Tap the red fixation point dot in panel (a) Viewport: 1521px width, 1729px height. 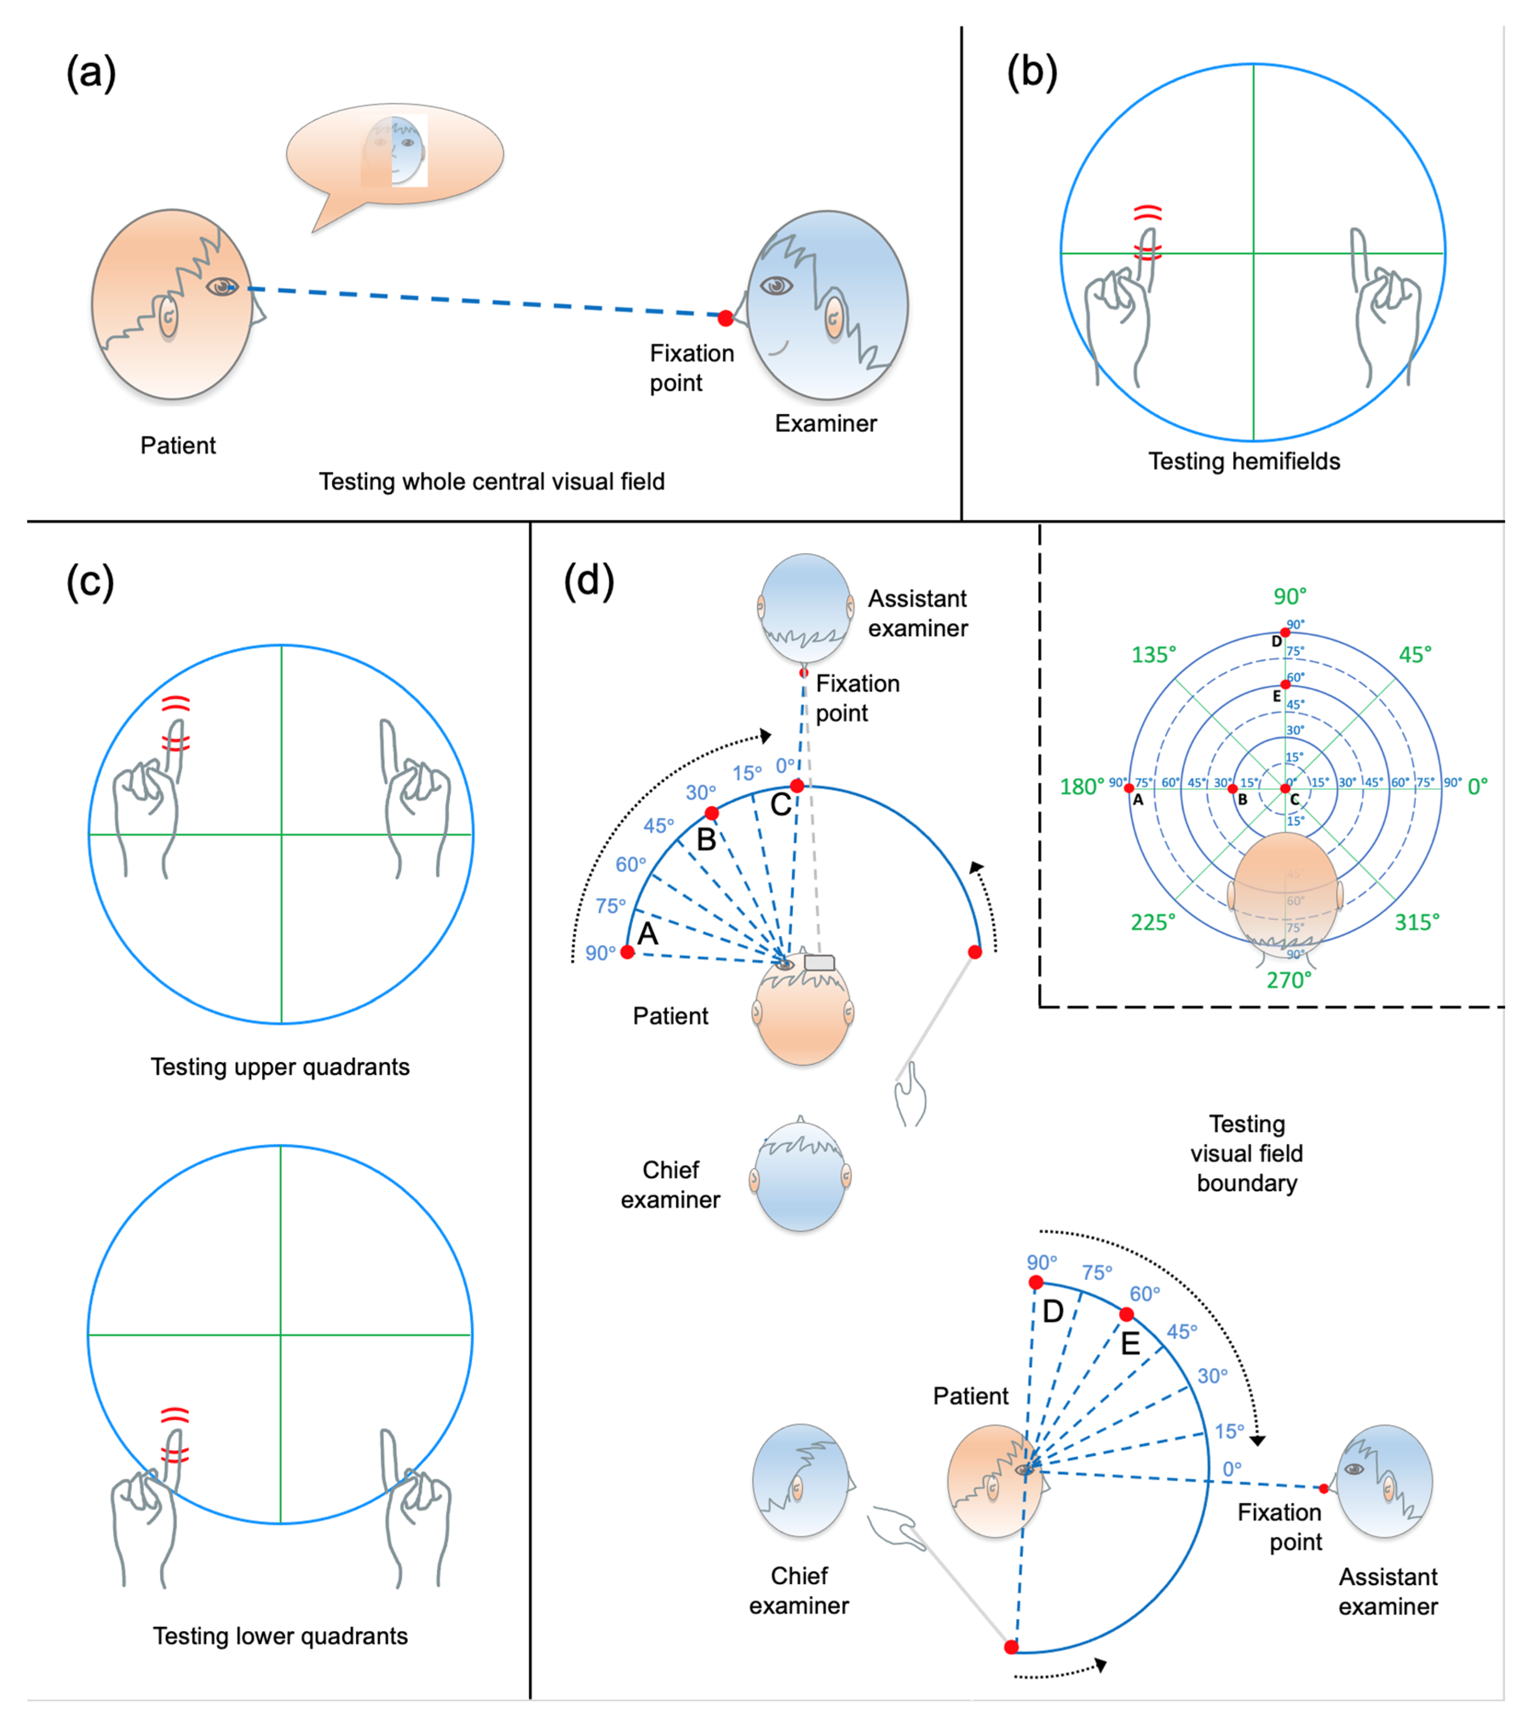click(x=725, y=318)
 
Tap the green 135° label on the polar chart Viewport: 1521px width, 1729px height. click(x=1153, y=655)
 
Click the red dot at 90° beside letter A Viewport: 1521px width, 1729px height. click(x=627, y=953)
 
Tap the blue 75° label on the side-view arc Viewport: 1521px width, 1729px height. click(x=1096, y=1273)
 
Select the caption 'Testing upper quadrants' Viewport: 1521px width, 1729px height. click(x=280, y=1067)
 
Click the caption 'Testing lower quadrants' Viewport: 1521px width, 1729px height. click(x=280, y=1636)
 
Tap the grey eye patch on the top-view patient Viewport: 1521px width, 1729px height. click(x=819, y=962)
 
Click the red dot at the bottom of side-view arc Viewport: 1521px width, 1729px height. click(x=1011, y=1647)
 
